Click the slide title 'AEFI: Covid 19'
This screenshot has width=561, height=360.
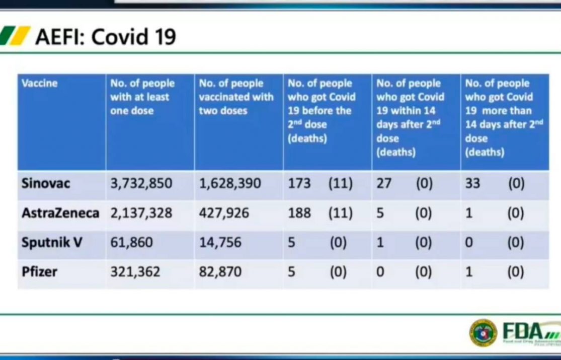106,37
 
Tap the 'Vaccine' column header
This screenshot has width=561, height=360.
40,84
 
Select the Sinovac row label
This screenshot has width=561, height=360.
46,183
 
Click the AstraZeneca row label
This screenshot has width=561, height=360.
60,213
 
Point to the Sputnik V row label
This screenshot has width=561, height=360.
52,243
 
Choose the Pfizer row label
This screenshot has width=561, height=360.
39,272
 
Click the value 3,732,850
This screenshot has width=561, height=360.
141,183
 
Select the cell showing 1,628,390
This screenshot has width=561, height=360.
230,183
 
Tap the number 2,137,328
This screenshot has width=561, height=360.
141,213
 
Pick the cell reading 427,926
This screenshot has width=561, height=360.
224,213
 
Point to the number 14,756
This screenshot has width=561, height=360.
220,243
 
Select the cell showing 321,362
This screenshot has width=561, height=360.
135,272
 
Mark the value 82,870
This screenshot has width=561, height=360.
220,272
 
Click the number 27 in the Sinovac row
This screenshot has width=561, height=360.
384,183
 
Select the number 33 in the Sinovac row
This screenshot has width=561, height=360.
472,183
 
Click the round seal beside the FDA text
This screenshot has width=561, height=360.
483,332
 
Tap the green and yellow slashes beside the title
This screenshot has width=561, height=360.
15,36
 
